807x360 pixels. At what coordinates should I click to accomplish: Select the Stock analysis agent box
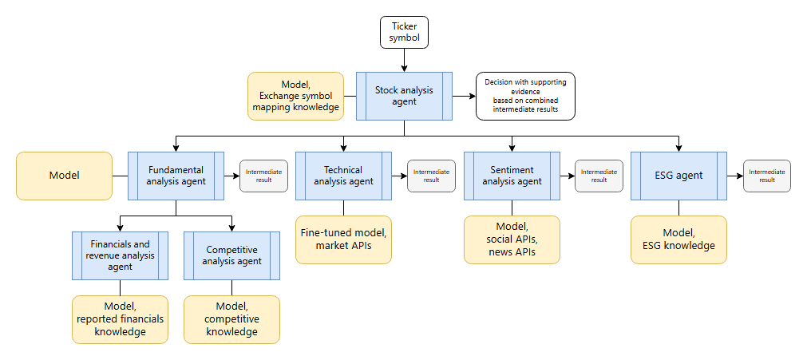(x=403, y=96)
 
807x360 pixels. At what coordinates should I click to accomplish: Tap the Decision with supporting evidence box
(x=525, y=96)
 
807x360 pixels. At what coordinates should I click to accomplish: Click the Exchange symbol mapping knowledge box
(x=295, y=96)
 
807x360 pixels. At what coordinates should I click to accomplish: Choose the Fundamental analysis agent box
(x=176, y=176)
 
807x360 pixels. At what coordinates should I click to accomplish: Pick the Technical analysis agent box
(x=343, y=176)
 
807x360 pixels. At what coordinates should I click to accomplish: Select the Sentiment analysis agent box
(x=511, y=176)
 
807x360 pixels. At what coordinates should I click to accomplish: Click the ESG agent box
(x=678, y=176)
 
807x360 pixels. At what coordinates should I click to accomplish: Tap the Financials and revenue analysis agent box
(x=120, y=255)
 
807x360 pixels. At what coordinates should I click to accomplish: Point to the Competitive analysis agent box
(x=231, y=255)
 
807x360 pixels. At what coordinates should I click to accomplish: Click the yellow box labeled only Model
(x=64, y=176)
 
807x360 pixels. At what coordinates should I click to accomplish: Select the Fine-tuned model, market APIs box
(x=343, y=239)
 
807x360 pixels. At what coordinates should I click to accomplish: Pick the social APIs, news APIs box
(x=511, y=239)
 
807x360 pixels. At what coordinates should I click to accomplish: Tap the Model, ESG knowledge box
(x=678, y=239)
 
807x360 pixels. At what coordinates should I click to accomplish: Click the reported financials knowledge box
(x=120, y=319)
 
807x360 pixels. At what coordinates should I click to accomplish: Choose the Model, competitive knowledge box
(x=231, y=319)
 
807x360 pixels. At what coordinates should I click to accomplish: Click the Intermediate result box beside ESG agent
(x=767, y=176)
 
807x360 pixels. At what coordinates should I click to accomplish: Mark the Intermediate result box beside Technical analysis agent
(x=431, y=176)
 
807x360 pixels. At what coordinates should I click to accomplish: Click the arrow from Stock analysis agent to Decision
(x=464, y=96)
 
